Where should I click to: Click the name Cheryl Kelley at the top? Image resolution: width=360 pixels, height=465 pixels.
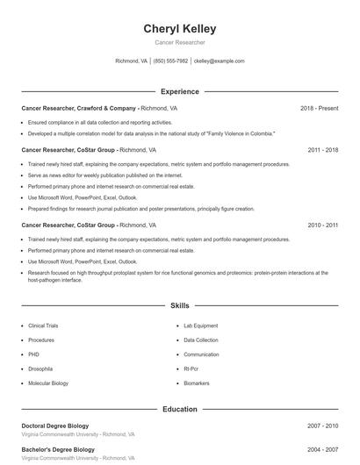tap(180, 29)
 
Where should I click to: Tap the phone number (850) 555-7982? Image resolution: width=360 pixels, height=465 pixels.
tap(170, 61)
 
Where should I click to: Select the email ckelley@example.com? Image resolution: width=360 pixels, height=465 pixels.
tap(219, 61)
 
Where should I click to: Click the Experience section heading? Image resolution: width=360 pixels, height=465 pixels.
tap(180, 91)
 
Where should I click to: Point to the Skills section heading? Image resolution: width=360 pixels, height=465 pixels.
tap(180, 306)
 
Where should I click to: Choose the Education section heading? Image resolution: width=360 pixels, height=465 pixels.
tap(180, 409)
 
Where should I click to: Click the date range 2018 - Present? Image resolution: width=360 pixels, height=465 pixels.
tap(319, 108)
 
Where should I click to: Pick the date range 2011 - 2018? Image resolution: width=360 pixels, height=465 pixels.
tap(322, 150)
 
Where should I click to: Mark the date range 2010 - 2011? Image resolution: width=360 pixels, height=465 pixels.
tap(322, 225)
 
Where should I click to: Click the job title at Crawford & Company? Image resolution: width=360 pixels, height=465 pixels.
tap(79, 108)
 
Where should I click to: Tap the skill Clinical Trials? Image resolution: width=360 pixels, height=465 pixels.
tap(43, 325)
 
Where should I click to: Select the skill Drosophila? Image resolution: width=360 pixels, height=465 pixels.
tap(40, 369)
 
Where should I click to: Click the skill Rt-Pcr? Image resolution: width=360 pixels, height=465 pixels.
tap(192, 369)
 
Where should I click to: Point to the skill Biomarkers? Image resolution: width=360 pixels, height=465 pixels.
tap(196, 383)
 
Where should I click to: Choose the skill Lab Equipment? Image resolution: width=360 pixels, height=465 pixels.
tap(200, 325)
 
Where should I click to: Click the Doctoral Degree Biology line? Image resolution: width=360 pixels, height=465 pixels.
tap(55, 426)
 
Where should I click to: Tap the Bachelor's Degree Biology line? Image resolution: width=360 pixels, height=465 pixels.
tap(58, 449)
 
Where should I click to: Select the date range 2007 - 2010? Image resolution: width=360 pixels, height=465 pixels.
tap(322, 426)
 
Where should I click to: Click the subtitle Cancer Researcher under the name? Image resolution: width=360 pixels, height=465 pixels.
tap(180, 42)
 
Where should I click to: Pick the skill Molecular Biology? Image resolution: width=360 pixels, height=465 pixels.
tap(48, 383)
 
